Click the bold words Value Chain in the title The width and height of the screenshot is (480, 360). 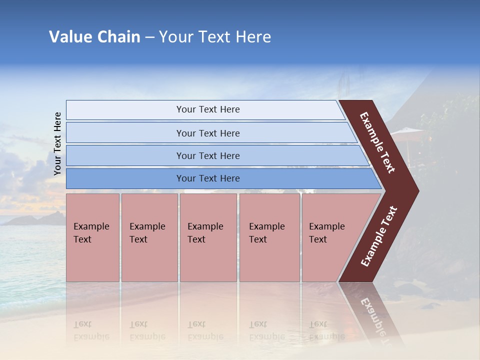[94, 37]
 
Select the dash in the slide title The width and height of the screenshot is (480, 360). [149, 37]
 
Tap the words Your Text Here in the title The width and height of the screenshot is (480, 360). [215, 37]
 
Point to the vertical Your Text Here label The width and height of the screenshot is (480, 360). [57, 144]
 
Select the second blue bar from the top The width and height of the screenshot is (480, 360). [208, 133]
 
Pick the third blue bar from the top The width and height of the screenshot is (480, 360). [208, 155]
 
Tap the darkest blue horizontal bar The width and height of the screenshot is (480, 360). [208, 178]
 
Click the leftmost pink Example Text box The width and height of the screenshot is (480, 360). [92, 237]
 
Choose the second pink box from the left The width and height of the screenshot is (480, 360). [149, 237]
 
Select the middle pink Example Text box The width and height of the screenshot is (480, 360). [208, 237]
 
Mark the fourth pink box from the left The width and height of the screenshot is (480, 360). [269, 237]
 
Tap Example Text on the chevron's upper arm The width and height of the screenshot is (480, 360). [378, 143]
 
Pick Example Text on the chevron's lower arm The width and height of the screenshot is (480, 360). [379, 236]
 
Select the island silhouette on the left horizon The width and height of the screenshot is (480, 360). [35, 219]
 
